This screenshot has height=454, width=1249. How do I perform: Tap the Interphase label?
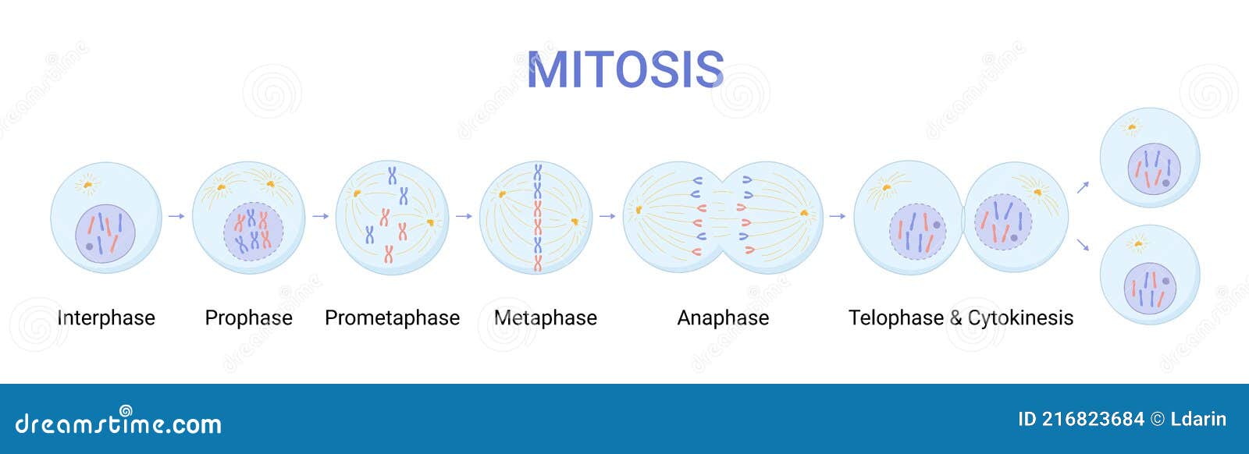pyautogui.click(x=106, y=318)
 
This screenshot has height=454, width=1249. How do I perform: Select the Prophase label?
pyautogui.click(x=248, y=318)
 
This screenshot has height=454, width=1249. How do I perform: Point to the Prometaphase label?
pyautogui.click(x=392, y=318)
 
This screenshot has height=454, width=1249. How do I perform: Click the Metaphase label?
pyautogui.click(x=546, y=318)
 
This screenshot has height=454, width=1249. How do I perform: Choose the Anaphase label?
pyautogui.click(x=723, y=318)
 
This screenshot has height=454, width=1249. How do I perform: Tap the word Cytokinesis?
pyautogui.click(x=1020, y=318)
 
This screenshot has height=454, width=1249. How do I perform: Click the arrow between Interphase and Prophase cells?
pyautogui.click(x=176, y=216)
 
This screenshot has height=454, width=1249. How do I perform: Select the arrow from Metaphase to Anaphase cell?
pyautogui.click(x=607, y=216)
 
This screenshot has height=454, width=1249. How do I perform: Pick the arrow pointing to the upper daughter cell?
pyautogui.click(x=1083, y=187)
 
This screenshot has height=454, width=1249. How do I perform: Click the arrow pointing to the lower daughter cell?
pyautogui.click(x=1083, y=245)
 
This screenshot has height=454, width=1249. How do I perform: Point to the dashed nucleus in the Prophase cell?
pyautogui.click(x=253, y=232)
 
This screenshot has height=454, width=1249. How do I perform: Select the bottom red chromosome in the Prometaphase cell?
pyautogui.click(x=388, y=254)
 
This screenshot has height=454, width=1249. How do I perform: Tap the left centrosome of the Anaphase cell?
pyautogui.click(x=639, y=209)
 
